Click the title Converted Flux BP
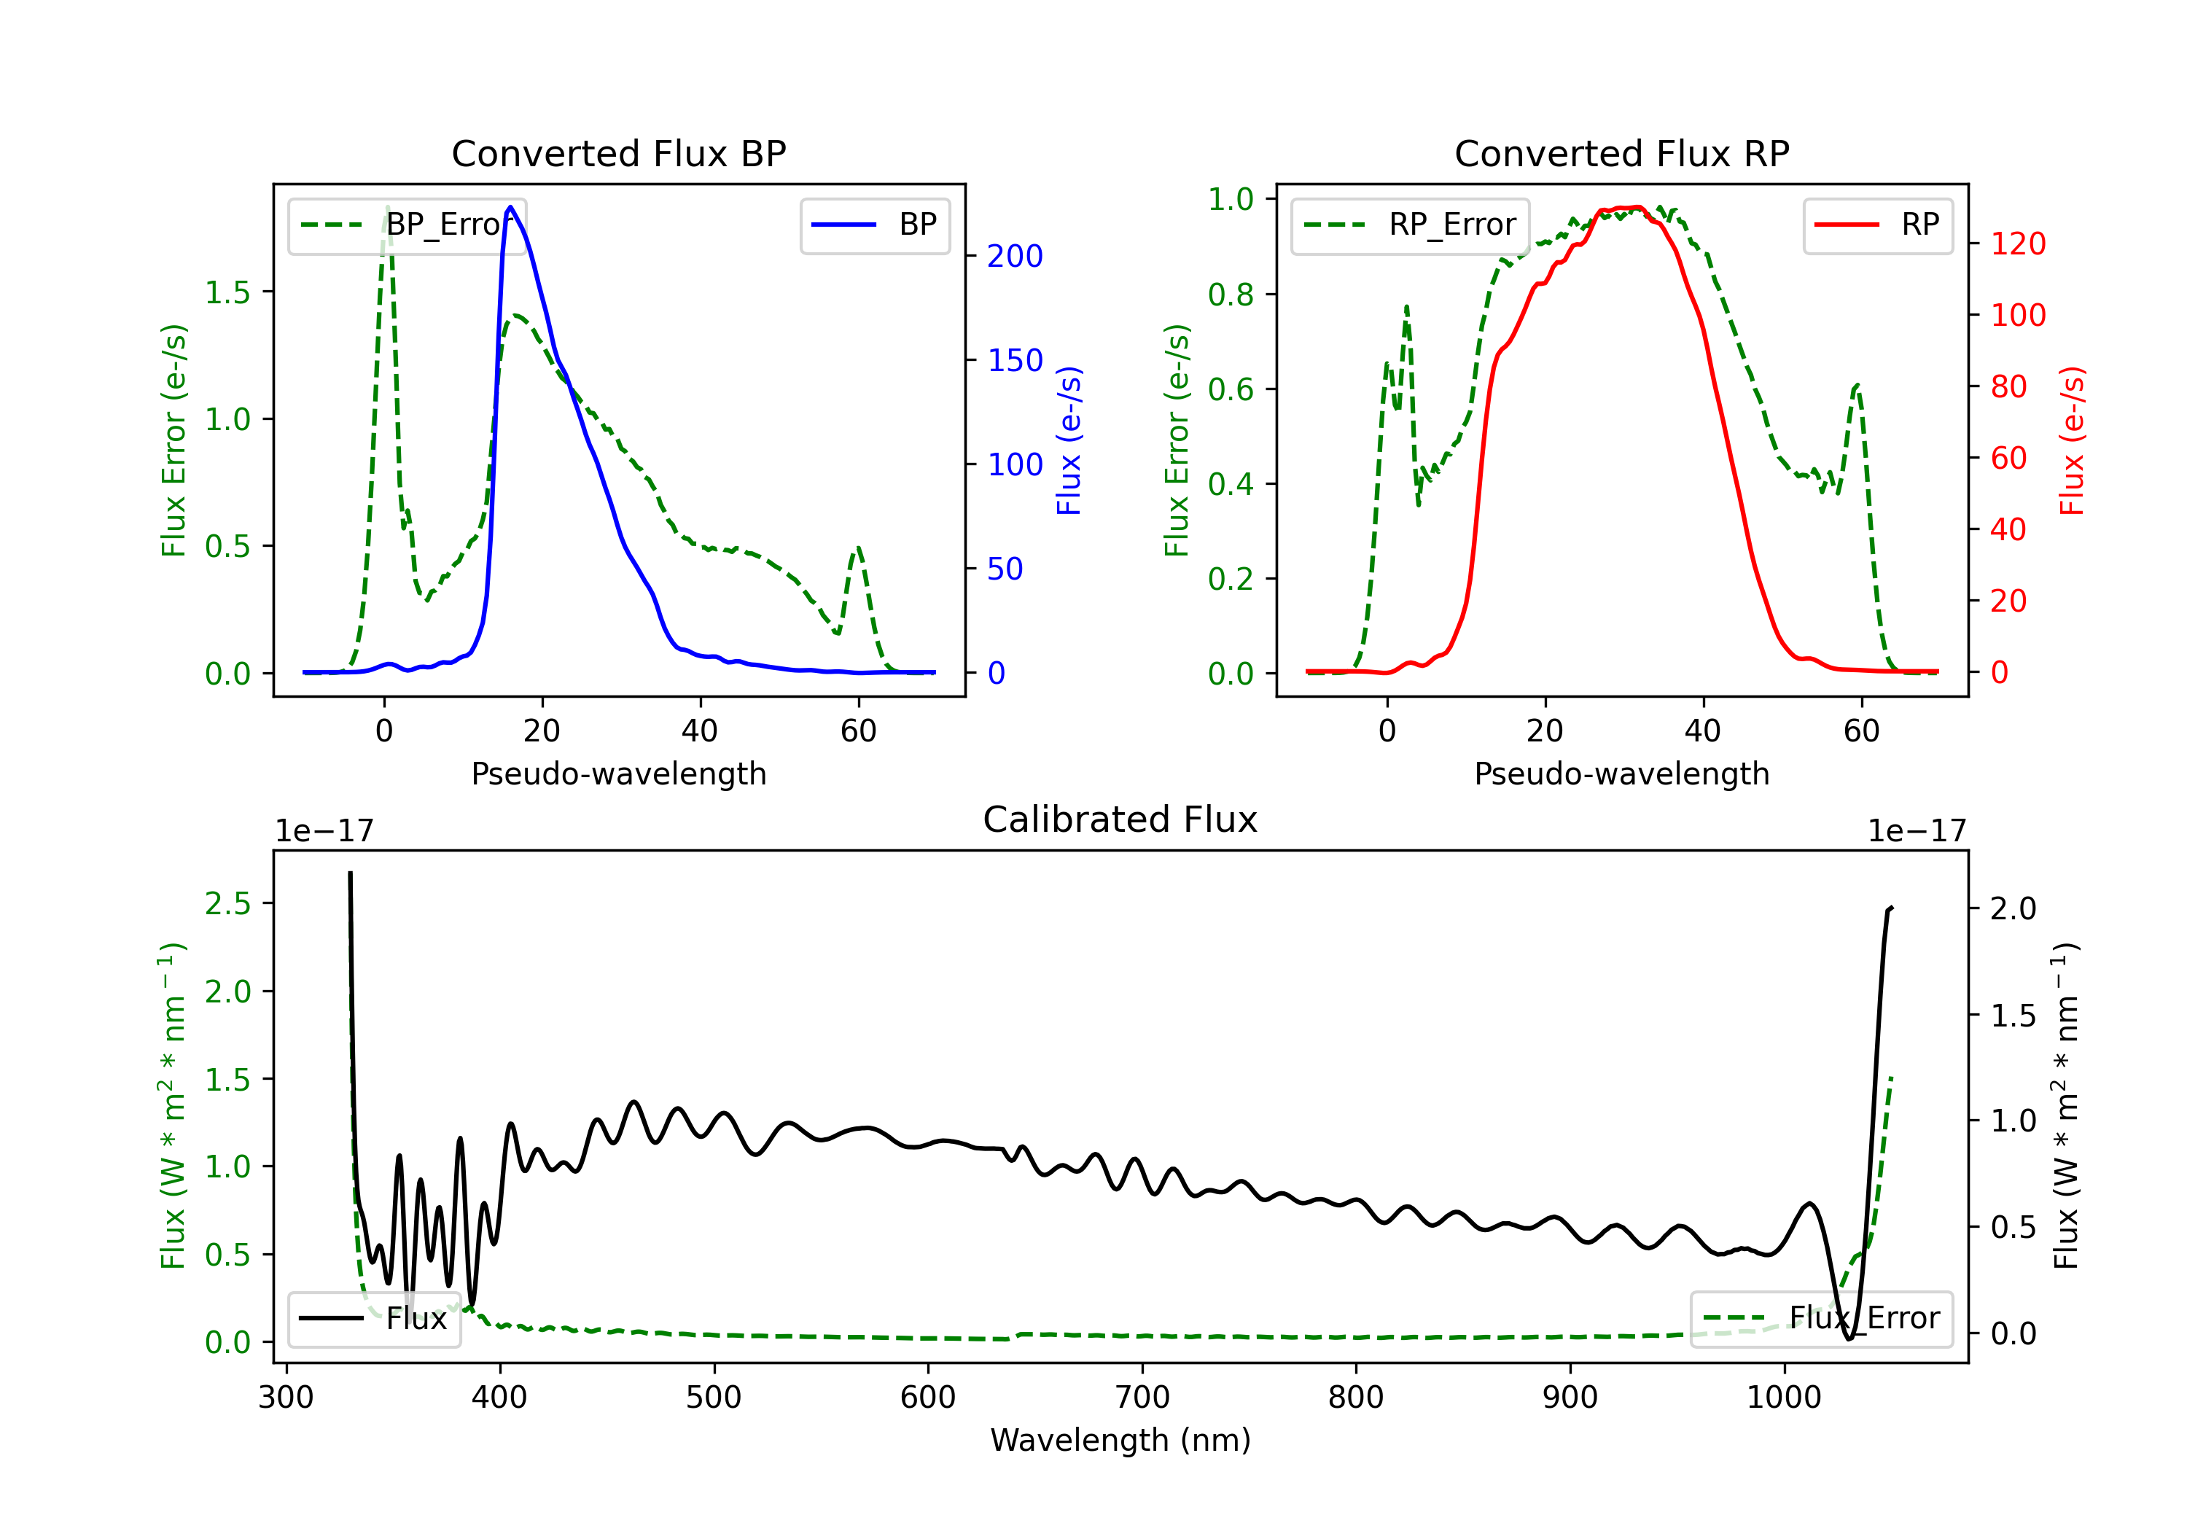(619, 153)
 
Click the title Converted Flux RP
(1622, 153)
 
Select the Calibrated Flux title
(1120, 819)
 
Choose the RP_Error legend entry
(1411, 225)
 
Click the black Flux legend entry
(375, 1319)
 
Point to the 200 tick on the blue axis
(1015, 255)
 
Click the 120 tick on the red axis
(2017, 244)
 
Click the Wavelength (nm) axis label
(1120, 1440)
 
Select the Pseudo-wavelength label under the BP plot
(619, 774)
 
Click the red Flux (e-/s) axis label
(2072, 441)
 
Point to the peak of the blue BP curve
(510, 207)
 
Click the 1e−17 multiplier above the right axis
(1917, 832)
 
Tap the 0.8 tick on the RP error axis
(1231, 295)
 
